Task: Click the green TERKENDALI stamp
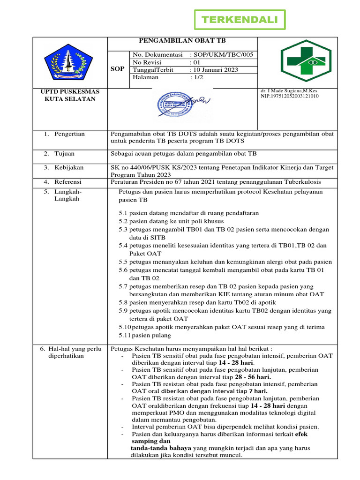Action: [x=240, y=20]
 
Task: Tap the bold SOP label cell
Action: [x=117, y=69]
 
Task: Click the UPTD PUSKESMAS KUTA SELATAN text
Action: [x=69, y=95]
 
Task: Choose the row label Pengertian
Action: [x=69, y=134]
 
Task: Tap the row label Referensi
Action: [x=67, y=181]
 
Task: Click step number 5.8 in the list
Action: [x=123, y=302]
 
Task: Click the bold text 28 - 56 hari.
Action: [x=253, y=376]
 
